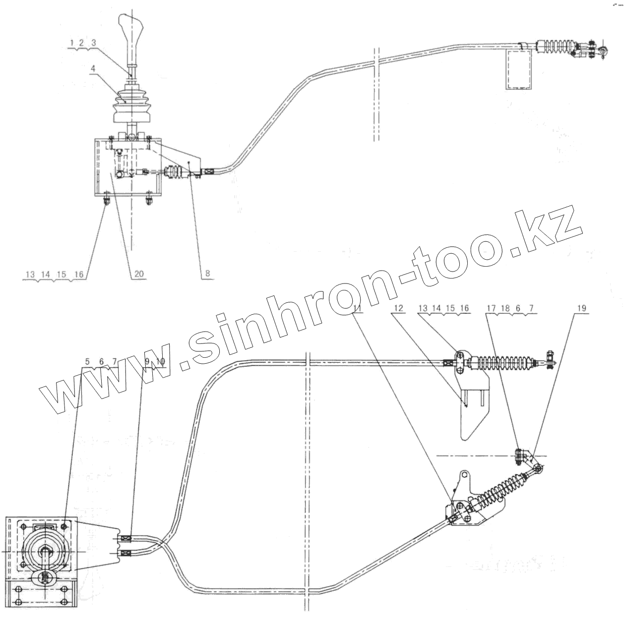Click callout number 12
[399, 308]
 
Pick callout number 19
[581, 308]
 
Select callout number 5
[87, 362]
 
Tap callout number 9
[147, 361]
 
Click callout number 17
[490, 308]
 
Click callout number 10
[160, 361]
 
